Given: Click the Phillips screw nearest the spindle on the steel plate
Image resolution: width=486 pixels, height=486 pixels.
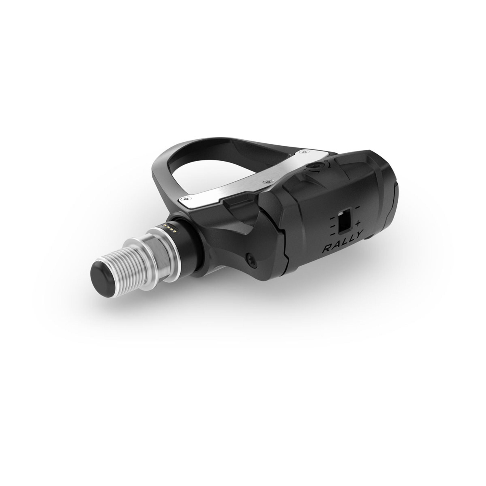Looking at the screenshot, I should [187, 199].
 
